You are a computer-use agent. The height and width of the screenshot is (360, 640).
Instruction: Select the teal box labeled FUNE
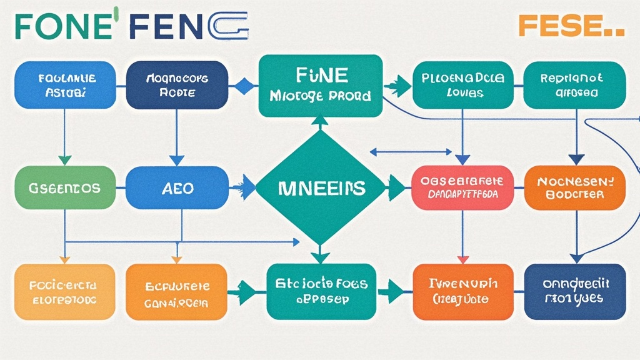(x=320, y=86)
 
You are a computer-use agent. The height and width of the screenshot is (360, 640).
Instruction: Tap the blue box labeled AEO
(x=177, y=187)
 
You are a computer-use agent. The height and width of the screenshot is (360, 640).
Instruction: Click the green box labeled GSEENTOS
(x=64, y=187)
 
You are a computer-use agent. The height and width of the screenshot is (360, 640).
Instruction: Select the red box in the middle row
(x=462, y=187)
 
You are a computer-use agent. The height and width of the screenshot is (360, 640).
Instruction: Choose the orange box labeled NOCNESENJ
(x=574, y=187)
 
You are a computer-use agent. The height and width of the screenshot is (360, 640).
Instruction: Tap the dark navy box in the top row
(x=177, y=86)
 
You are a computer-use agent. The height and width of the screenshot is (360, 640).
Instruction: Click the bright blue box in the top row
(x=64, y=86)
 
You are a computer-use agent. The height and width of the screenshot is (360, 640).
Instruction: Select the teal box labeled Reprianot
(x=574, y=86)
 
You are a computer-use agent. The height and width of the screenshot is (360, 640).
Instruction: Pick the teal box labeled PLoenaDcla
(x=462, y=86)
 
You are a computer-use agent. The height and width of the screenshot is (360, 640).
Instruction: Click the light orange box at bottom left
(x=64, y=292)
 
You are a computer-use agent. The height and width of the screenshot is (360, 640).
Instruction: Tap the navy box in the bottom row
(x=574, y=292)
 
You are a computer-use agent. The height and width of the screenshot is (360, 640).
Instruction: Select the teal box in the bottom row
(x=320, y=292)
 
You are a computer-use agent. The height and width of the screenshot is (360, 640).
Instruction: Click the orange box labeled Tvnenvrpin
(x=462, y=292)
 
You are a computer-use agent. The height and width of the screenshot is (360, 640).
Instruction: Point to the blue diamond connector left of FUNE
(x=244, y=86)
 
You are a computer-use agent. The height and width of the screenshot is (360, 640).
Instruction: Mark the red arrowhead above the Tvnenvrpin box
(x=462, y=259)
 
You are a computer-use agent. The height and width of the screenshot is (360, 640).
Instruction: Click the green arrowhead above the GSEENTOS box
(x=64, y=160)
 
